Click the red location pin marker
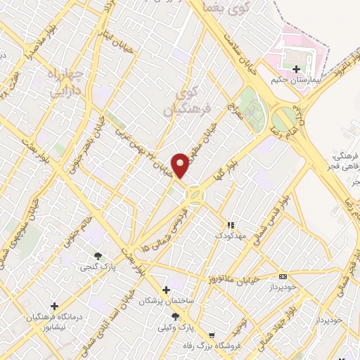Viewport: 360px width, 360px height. point(181,165)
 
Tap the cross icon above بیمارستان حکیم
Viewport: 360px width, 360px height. point(296,69)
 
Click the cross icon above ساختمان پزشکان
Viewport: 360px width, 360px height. point(166,290)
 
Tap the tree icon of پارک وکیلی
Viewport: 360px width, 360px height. point(174,316)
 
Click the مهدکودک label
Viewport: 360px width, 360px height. point(230,235)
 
